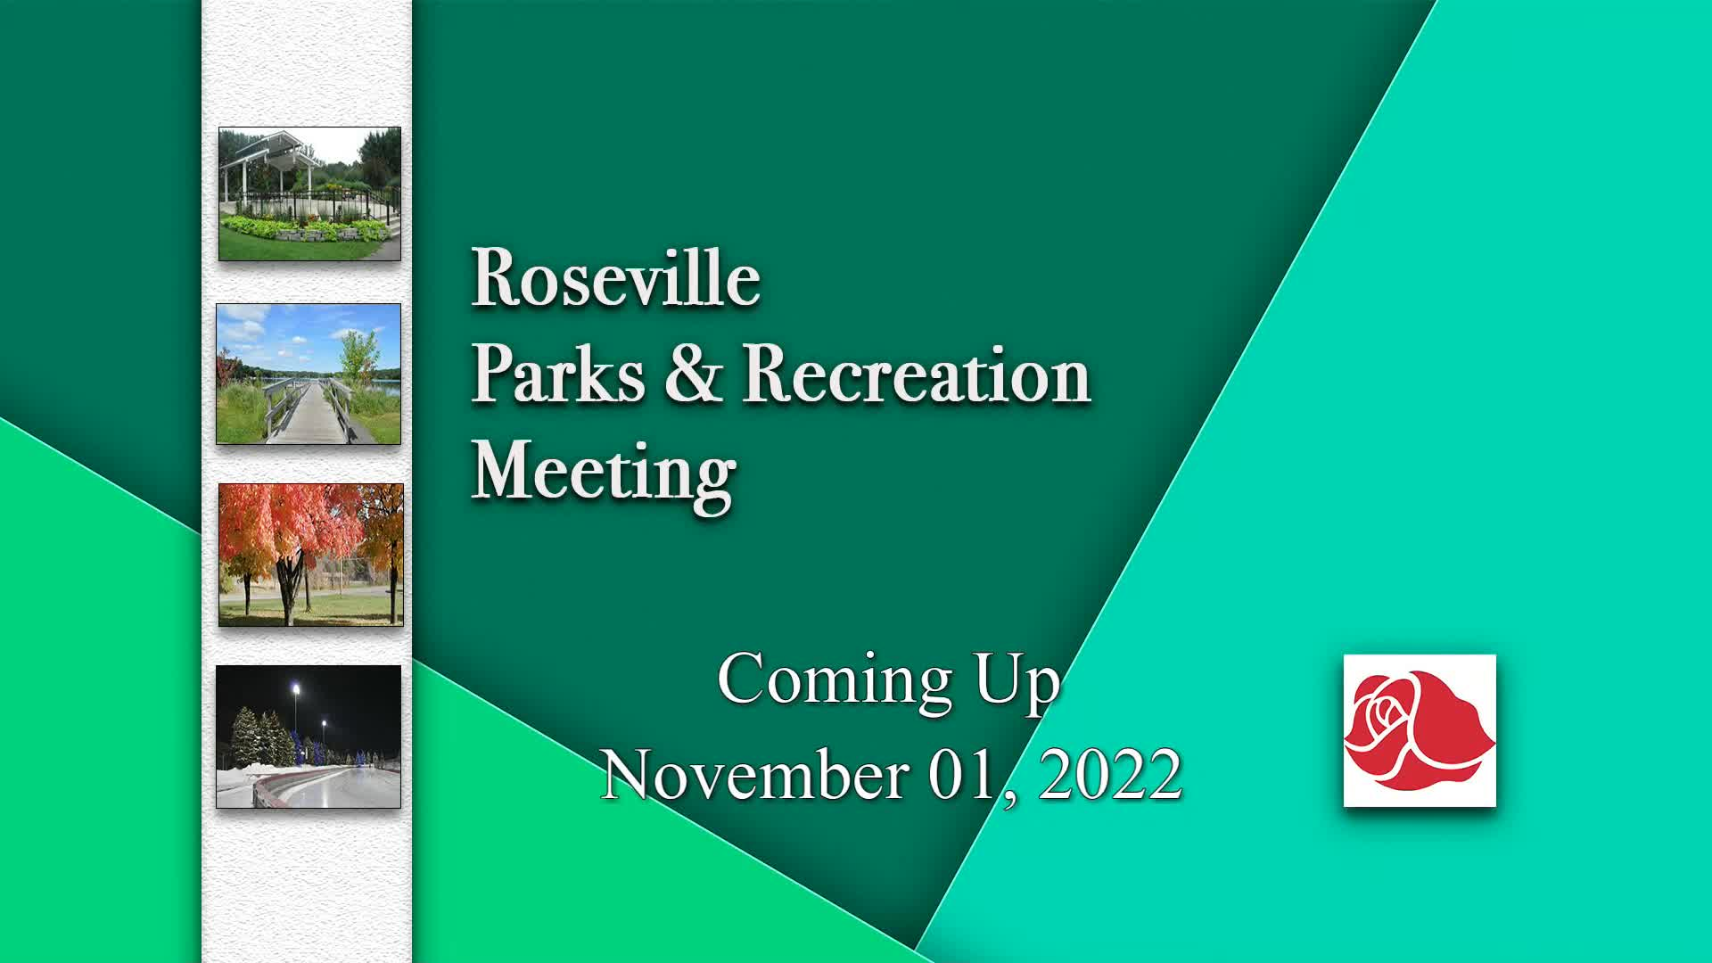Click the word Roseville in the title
coord(615,277)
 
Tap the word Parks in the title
coord(557,374)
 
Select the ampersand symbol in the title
coord(693,373)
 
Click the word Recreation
coord(917,374)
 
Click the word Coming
coord(835,681)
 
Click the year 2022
coord(1111,774)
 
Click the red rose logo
coord(1420,730)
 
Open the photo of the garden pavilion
coord(309,193)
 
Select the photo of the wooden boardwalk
coord(309,374)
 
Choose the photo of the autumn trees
coord(311,555)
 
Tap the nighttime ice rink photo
coord(309,737)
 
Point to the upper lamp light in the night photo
coord(295,688)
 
